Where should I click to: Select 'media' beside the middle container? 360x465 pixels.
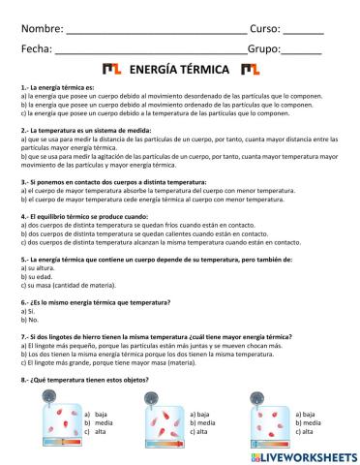click(x=204, y=422)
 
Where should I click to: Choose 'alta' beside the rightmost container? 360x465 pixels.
click(x=307, y=432)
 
